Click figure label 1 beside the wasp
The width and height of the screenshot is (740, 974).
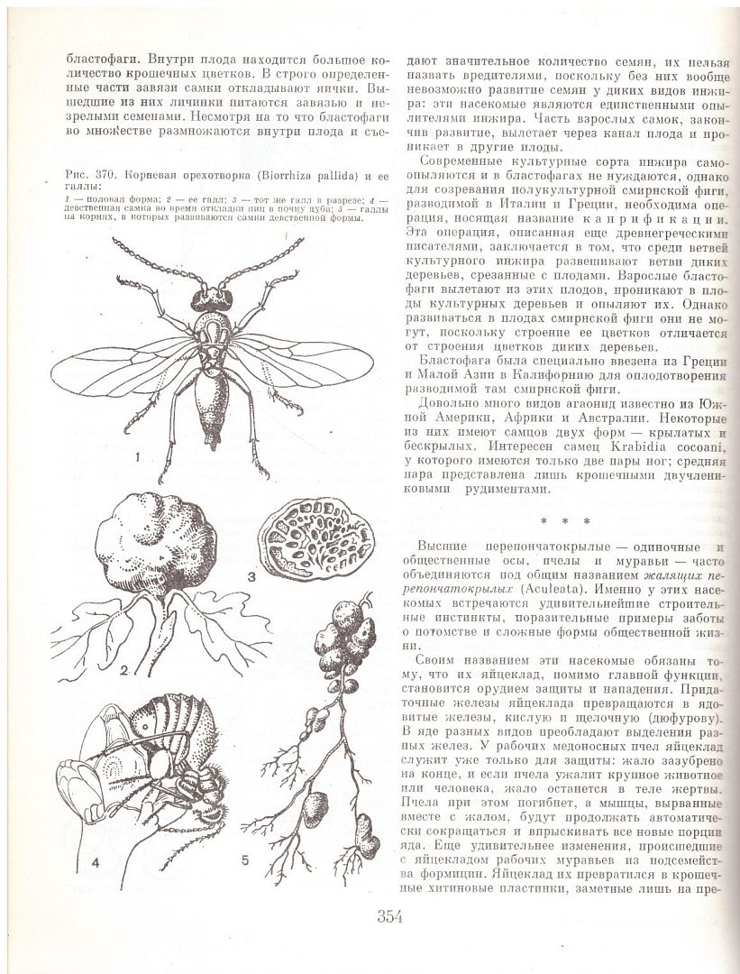(137, 457)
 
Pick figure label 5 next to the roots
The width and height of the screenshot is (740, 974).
(244, 859)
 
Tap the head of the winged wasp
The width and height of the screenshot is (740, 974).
(211, 295)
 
